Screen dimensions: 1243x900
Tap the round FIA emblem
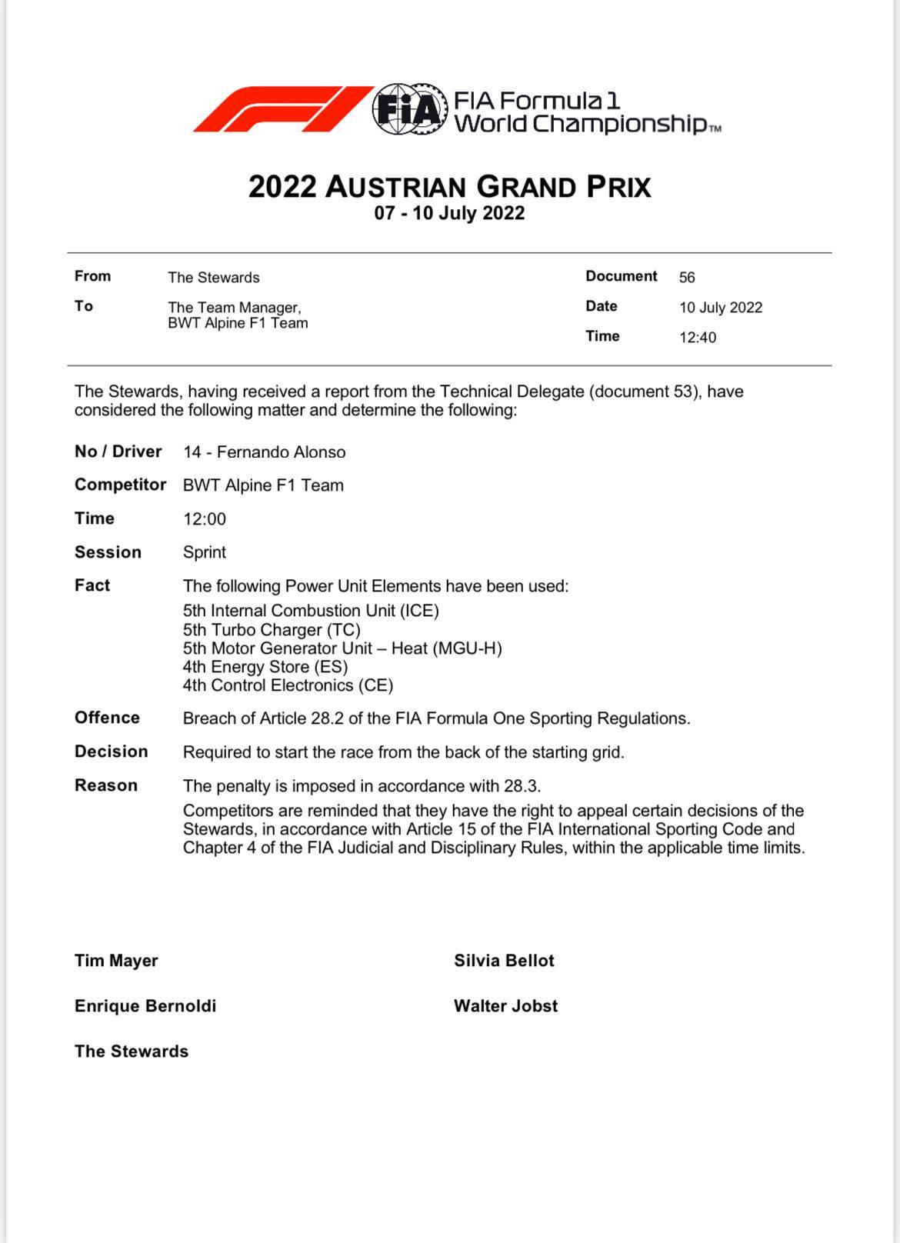(410, 109)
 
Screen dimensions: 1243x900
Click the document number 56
(687, 277)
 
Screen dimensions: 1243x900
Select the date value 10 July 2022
(720, 308)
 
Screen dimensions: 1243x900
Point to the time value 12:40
(697, 338)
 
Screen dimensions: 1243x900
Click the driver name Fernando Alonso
(281, 452)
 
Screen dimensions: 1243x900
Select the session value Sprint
(205, 552)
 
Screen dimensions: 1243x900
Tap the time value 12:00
(205, 519)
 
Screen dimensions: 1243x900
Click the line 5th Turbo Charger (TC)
(272, 630)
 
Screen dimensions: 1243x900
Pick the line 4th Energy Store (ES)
(265, 667)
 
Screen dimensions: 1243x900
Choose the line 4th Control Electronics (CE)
(288, 685)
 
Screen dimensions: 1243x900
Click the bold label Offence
(107, 718)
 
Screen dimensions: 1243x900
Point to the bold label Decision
(111, 751)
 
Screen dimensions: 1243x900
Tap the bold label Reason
(106, 785)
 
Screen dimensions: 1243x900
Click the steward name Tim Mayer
(116, 961)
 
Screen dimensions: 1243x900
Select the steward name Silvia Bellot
(504, 961)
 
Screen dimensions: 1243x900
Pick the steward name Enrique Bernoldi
(145, 1006)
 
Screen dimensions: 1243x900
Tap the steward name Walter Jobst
(505, 1006)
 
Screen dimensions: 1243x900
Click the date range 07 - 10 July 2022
(449, 213)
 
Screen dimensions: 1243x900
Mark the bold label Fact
(92, 585)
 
